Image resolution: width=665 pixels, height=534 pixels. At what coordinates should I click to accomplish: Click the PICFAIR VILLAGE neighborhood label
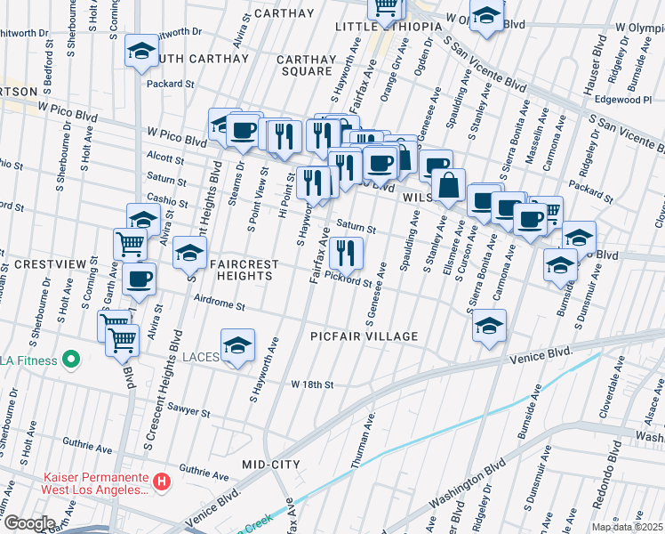tap(364, 336)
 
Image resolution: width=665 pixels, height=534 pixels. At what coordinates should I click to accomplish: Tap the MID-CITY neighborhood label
tap(271, 465)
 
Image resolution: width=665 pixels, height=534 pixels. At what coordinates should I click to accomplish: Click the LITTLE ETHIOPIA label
tap(388, 27)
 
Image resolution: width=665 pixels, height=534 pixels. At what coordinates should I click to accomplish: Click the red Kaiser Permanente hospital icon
tap(161, 482)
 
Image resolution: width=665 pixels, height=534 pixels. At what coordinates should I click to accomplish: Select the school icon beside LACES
tap(237, 346)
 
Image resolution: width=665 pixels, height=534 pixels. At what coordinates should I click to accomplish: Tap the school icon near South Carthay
tap(141, 53)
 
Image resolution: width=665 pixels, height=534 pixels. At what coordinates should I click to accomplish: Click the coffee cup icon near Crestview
tap(139, 279)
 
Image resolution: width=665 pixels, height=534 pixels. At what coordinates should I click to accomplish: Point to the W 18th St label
tap(312, 384)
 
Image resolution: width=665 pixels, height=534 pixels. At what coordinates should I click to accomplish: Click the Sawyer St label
tap(192, 413)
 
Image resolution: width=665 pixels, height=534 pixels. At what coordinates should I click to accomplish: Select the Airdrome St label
tap(219, 305)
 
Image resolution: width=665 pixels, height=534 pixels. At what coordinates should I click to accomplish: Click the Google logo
tap(29, 523)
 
